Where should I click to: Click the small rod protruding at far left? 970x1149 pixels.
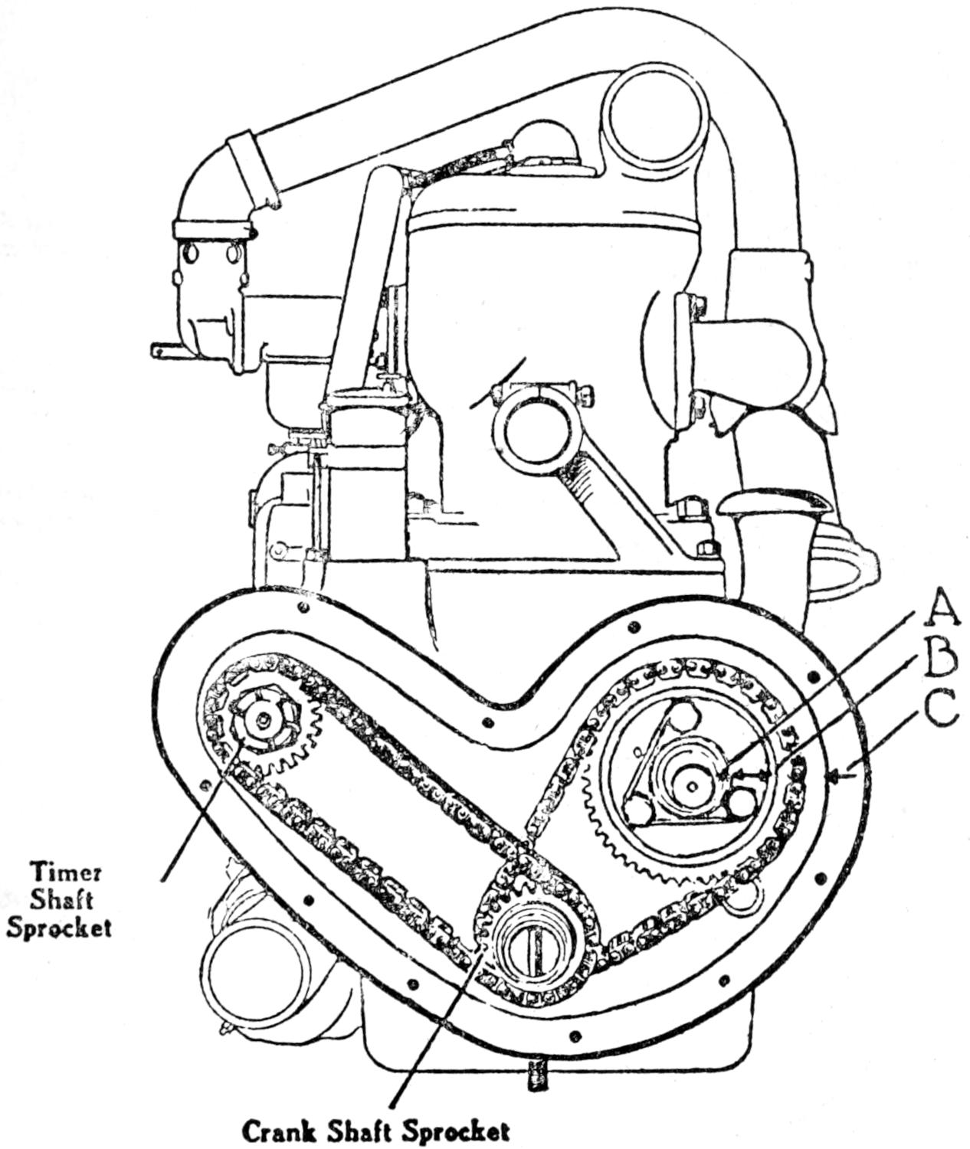164,350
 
